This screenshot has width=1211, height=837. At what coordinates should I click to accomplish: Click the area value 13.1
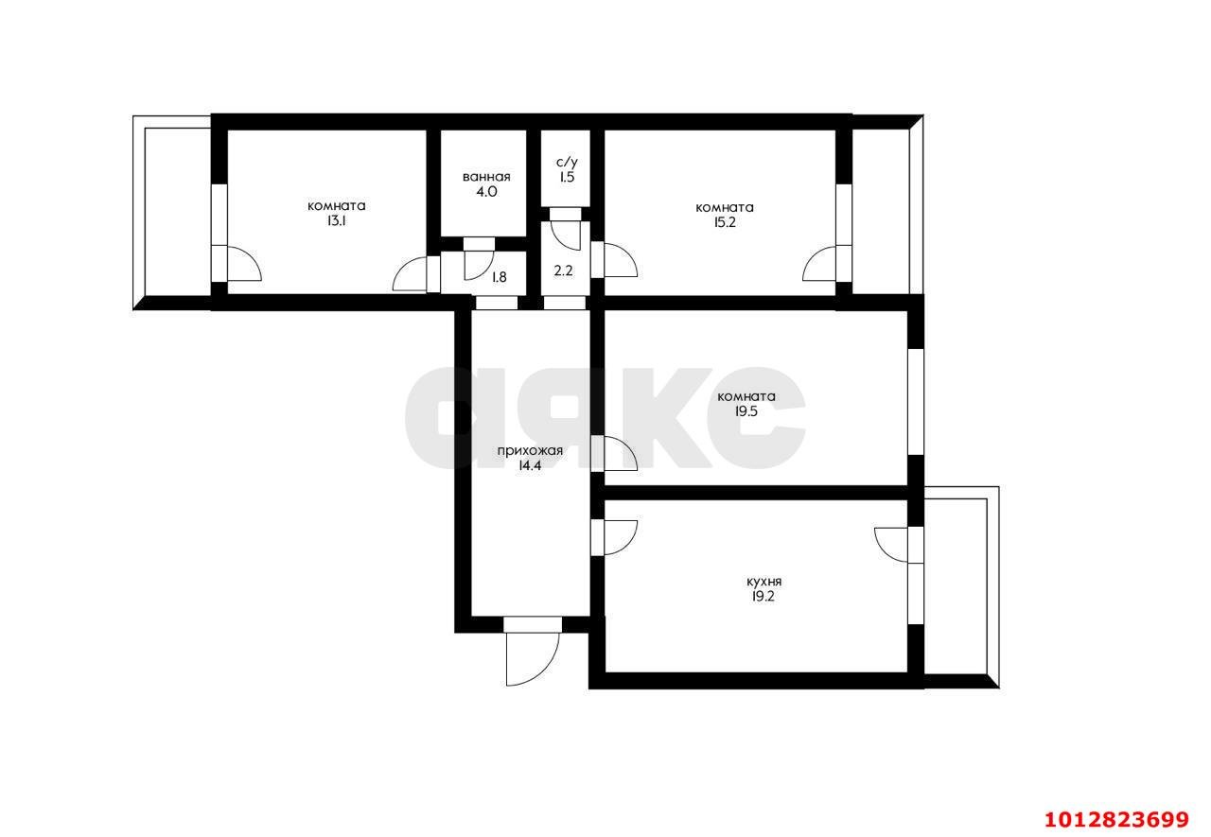pos(336,221)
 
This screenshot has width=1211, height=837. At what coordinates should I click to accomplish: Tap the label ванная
pos(486,177)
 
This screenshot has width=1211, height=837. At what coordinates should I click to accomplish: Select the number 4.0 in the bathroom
pos(486,192)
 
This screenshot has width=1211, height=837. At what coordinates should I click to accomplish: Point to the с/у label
pos(567,162)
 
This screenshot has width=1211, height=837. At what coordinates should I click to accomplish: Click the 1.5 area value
pos(567,177)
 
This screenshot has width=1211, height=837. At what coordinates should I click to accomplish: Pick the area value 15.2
pos(725,222)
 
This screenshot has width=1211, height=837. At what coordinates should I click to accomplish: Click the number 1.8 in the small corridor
pos(499,277)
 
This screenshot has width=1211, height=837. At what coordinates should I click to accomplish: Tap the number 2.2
pos(563,270)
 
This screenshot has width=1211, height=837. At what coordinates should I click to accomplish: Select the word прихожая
pos(530,450)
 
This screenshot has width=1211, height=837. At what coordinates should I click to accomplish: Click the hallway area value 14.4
pos(530,465)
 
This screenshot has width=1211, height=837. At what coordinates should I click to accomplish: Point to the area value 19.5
pos(746,411)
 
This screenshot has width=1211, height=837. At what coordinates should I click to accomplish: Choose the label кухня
pos(763,582)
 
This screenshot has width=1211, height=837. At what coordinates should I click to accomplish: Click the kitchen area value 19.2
pos(763,597)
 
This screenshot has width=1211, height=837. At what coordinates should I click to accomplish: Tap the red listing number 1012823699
pos(1116,820)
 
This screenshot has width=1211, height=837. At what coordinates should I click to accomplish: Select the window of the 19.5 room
pos(915,402)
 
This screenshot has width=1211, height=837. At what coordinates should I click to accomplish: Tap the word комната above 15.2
pos(725,207)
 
